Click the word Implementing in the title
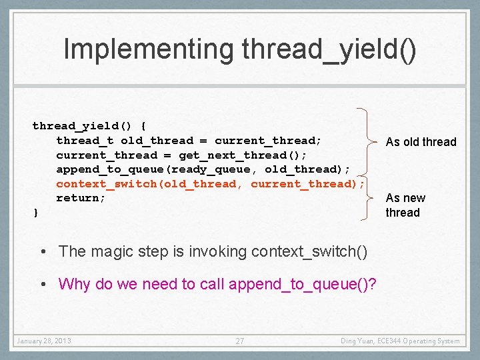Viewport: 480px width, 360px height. (149, 50)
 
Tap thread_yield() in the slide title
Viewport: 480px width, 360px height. (330, 50)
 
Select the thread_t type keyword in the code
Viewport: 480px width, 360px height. (85, 141)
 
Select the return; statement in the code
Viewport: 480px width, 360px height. (81, 198)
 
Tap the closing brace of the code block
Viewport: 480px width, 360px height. (36, 213)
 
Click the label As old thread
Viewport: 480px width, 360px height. (421, 142)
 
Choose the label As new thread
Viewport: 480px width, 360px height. (405, 205)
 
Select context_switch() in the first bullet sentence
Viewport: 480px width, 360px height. (309, 251)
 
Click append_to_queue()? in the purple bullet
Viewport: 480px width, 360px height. (303, 284)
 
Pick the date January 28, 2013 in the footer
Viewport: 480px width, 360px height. (44, 341)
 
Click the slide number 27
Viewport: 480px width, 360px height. (240, 341)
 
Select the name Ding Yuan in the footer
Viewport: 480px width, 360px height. (357, 341)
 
